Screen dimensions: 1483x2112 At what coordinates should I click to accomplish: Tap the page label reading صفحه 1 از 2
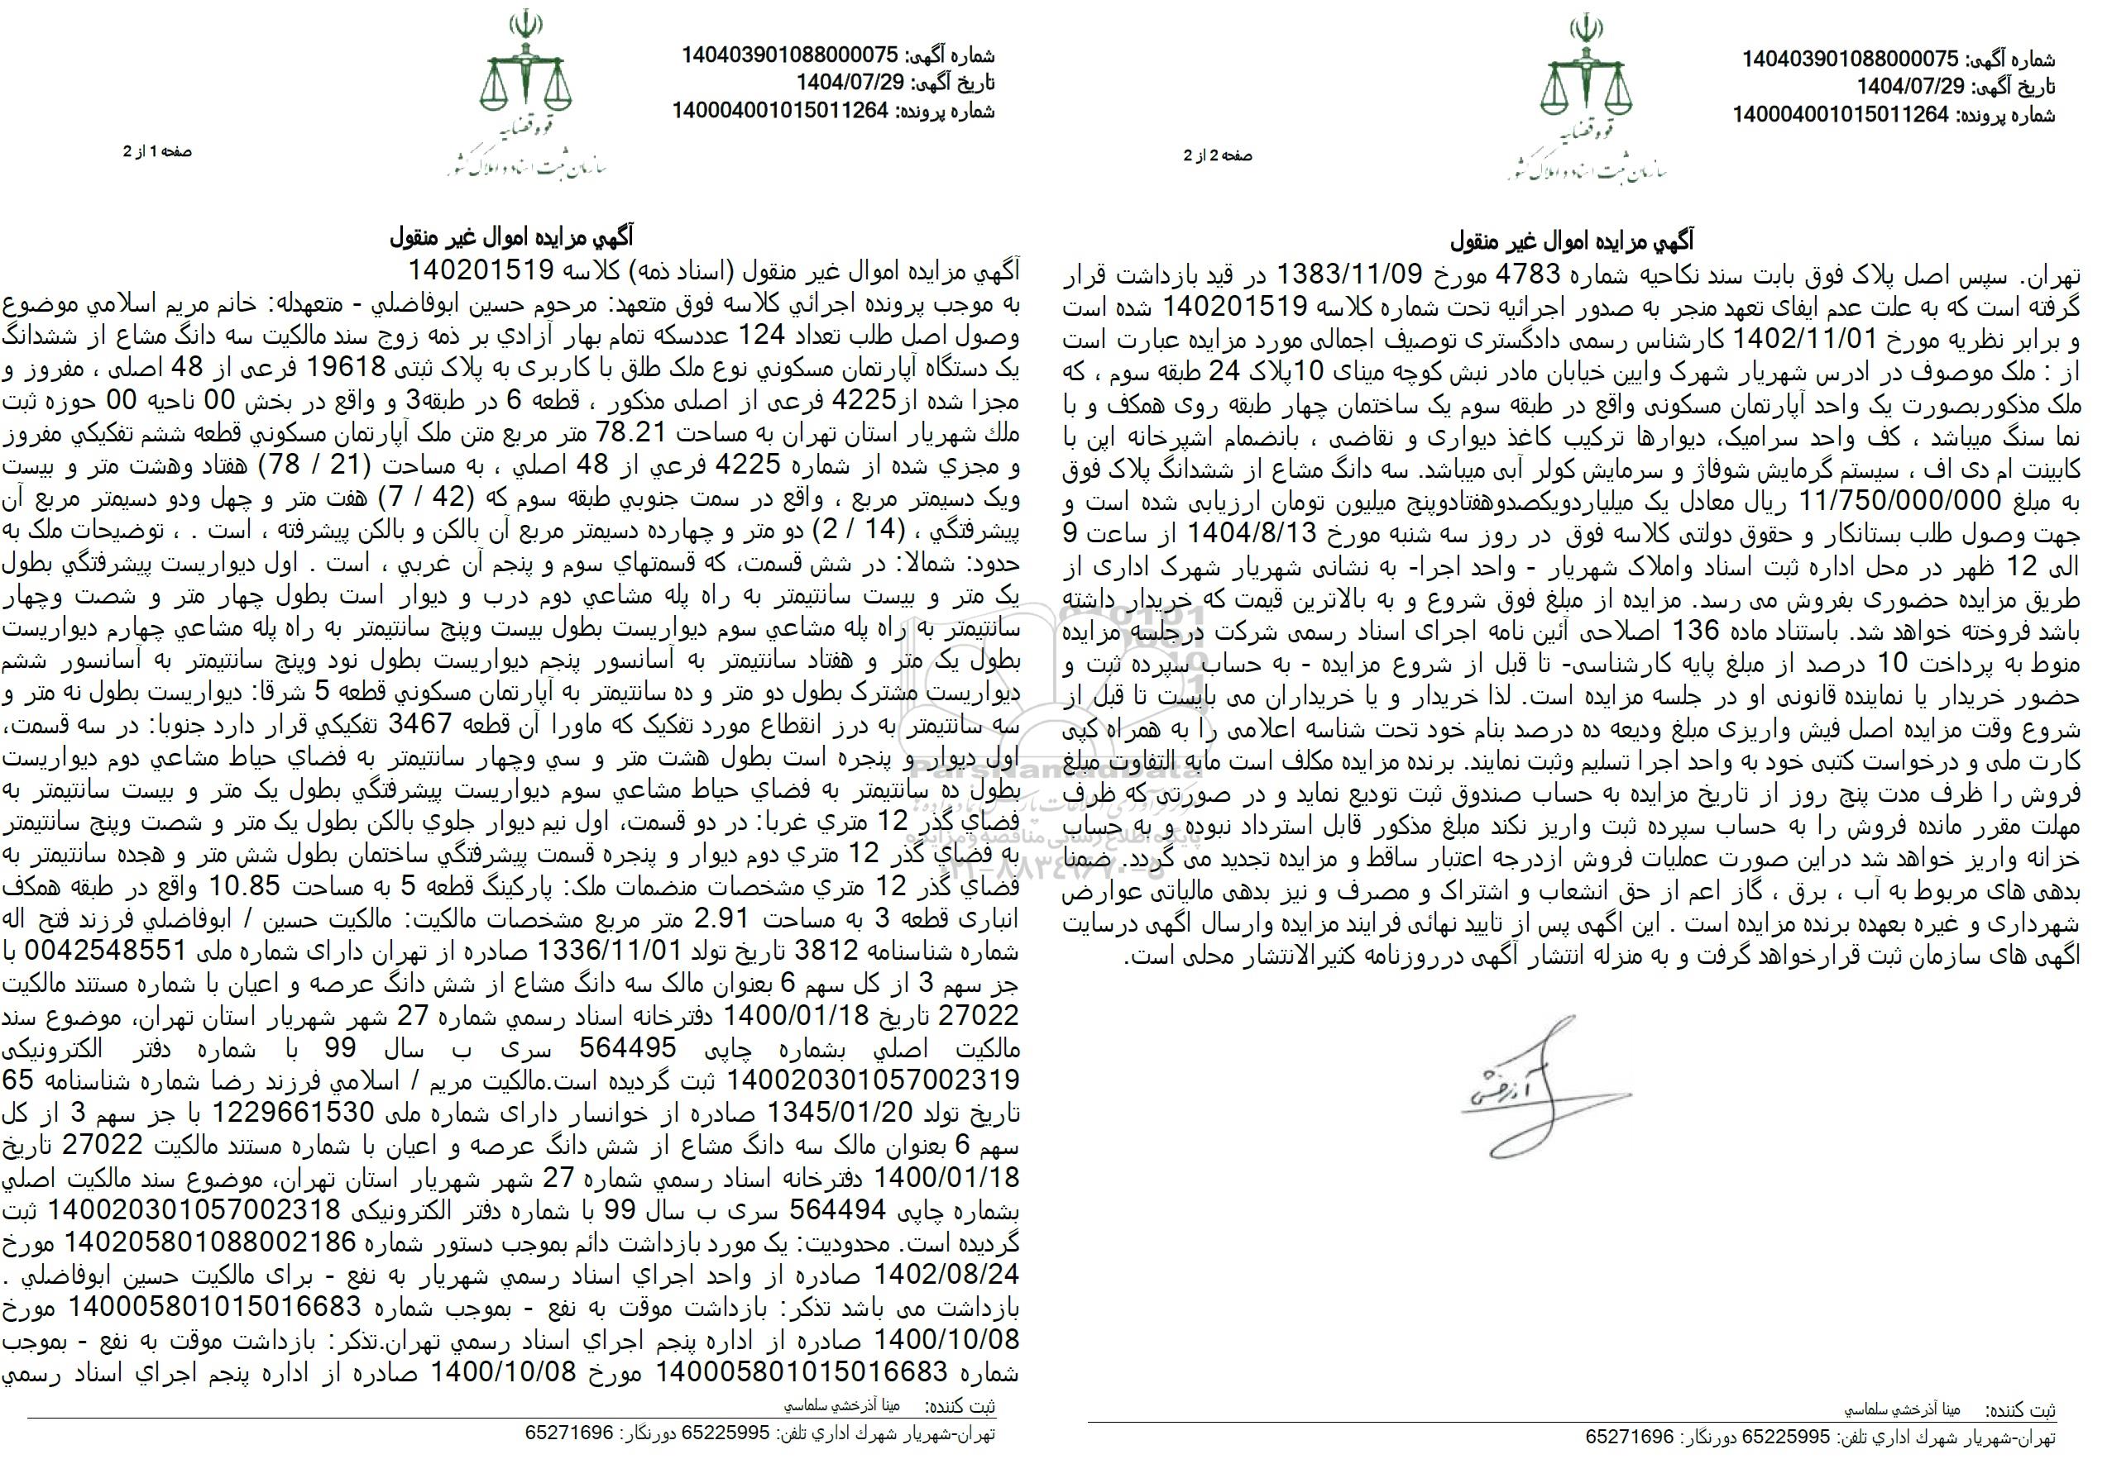[x=157, y=152]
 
